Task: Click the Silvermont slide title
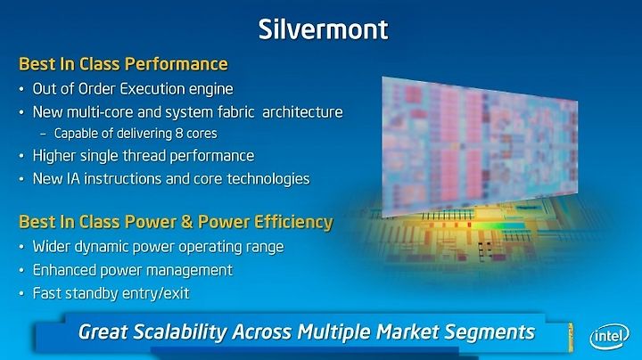tap(323, 29)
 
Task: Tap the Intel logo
tap(609, 337)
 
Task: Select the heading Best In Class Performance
tap(123, 64)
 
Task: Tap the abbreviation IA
tap(73, 179)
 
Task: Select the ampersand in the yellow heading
tap(186, 222)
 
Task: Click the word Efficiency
tap(293, 222)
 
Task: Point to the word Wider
tap(49, 247)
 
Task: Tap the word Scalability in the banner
tap(179, 332)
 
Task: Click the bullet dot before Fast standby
tap(21, 294)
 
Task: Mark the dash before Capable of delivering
tap(44, 134)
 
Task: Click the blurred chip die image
tap(480, 146)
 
